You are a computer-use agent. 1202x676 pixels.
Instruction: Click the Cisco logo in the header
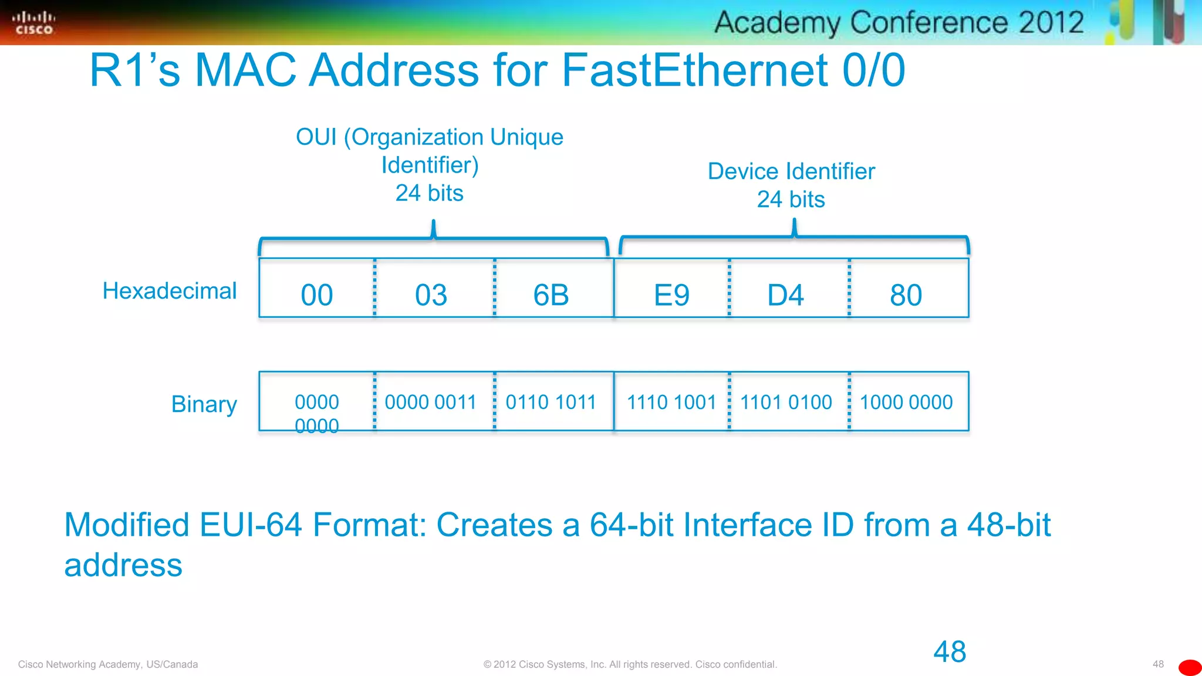coord(33,23)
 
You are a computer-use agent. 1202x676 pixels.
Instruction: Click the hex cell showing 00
coord(317,295)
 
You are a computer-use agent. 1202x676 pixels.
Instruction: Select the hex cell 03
coord(431,295)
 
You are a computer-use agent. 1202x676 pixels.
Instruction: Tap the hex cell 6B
coord(551,295)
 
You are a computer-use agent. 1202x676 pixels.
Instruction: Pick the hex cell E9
coord(671,295)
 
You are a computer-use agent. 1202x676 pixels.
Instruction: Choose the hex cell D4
coord(786,295)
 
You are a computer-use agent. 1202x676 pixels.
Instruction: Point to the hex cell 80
coord(906,295)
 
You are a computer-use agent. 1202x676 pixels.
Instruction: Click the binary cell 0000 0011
coord(430,403)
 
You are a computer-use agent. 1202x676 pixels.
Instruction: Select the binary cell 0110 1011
coord(551,403)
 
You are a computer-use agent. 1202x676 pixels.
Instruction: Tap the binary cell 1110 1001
coord(671,403)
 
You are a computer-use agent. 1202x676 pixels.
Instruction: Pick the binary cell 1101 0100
coord(786,403)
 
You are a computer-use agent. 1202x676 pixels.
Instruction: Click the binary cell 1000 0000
coord(906,403)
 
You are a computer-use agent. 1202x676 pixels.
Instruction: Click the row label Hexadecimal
coord(170,291)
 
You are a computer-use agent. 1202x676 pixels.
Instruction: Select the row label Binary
coord(204,404)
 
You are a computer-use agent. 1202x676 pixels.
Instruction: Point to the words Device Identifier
coord(791,171)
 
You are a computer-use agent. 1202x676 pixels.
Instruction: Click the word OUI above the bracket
coord(316,137)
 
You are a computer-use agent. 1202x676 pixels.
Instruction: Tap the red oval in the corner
coord(1190,668)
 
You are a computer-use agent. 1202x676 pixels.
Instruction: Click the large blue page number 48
coord(950,652)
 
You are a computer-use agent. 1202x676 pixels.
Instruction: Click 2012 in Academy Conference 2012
coord(1051,23)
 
